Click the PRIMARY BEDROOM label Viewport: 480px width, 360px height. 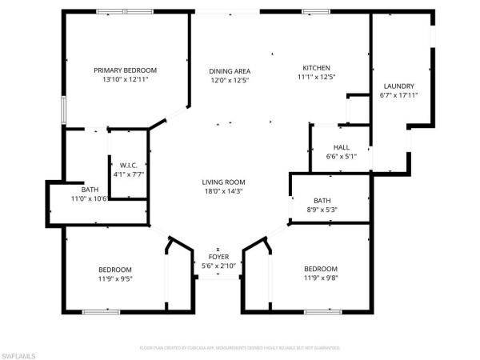point(126,70)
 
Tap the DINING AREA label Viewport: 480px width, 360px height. point(230,70)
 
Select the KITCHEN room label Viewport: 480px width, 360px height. point(316,68)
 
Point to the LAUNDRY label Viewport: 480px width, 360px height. point(398,86)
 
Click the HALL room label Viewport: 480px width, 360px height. point(342,147)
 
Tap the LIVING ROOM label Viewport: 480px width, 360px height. point(223,182)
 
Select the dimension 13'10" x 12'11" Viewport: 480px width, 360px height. point(126,80)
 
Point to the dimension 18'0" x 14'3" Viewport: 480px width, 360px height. point(223,191)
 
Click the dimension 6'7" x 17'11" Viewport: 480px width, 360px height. point(398,95)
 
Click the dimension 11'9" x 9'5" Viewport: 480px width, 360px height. point(115,279)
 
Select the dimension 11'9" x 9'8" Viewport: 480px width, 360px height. point(321,279)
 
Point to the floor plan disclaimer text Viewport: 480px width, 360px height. point(240,348)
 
